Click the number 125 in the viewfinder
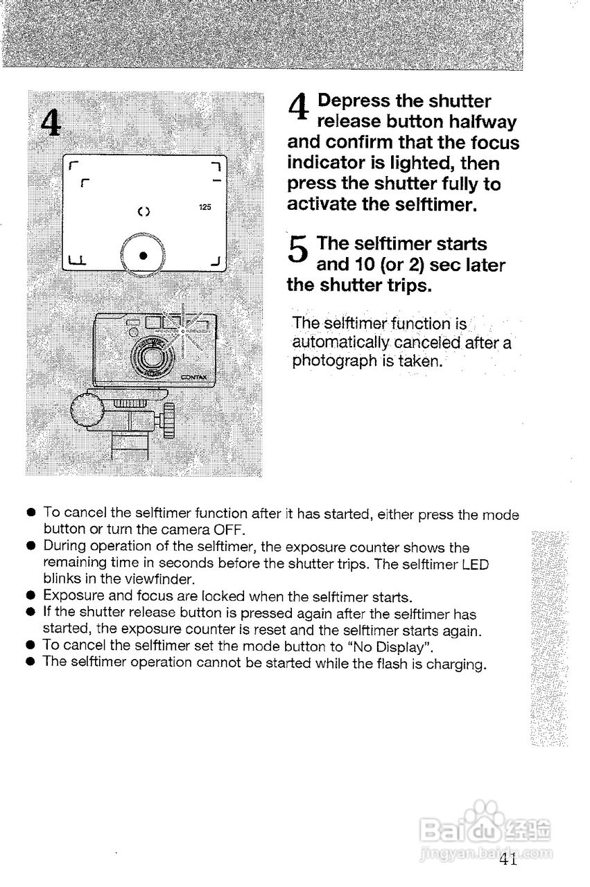[204, 207]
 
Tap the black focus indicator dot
[142, 254]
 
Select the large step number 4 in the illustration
[51, 123]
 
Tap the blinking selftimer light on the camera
[182, 332]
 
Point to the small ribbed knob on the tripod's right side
[168, 421]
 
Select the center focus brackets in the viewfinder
[144, 210]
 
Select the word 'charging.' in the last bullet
[454, 664]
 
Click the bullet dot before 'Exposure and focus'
[31, 595]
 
